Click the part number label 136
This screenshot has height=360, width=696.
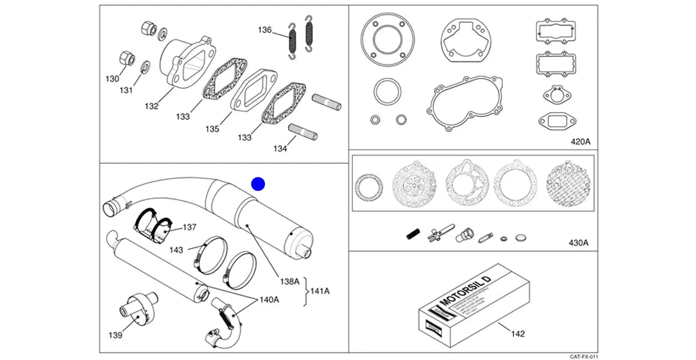265,29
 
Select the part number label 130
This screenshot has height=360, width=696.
113,79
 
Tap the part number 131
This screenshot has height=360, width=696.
125,91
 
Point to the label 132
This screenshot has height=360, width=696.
151,106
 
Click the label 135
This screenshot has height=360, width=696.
212,129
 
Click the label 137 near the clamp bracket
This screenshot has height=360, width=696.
190,227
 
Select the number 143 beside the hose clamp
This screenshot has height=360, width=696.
176,249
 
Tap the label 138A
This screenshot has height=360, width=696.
290,281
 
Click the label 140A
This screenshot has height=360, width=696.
269,299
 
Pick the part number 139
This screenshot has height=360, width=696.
115,335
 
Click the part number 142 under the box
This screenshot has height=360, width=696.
517,333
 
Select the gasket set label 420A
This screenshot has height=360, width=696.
580,142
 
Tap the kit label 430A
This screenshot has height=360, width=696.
578,243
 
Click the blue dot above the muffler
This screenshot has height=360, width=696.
258,184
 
